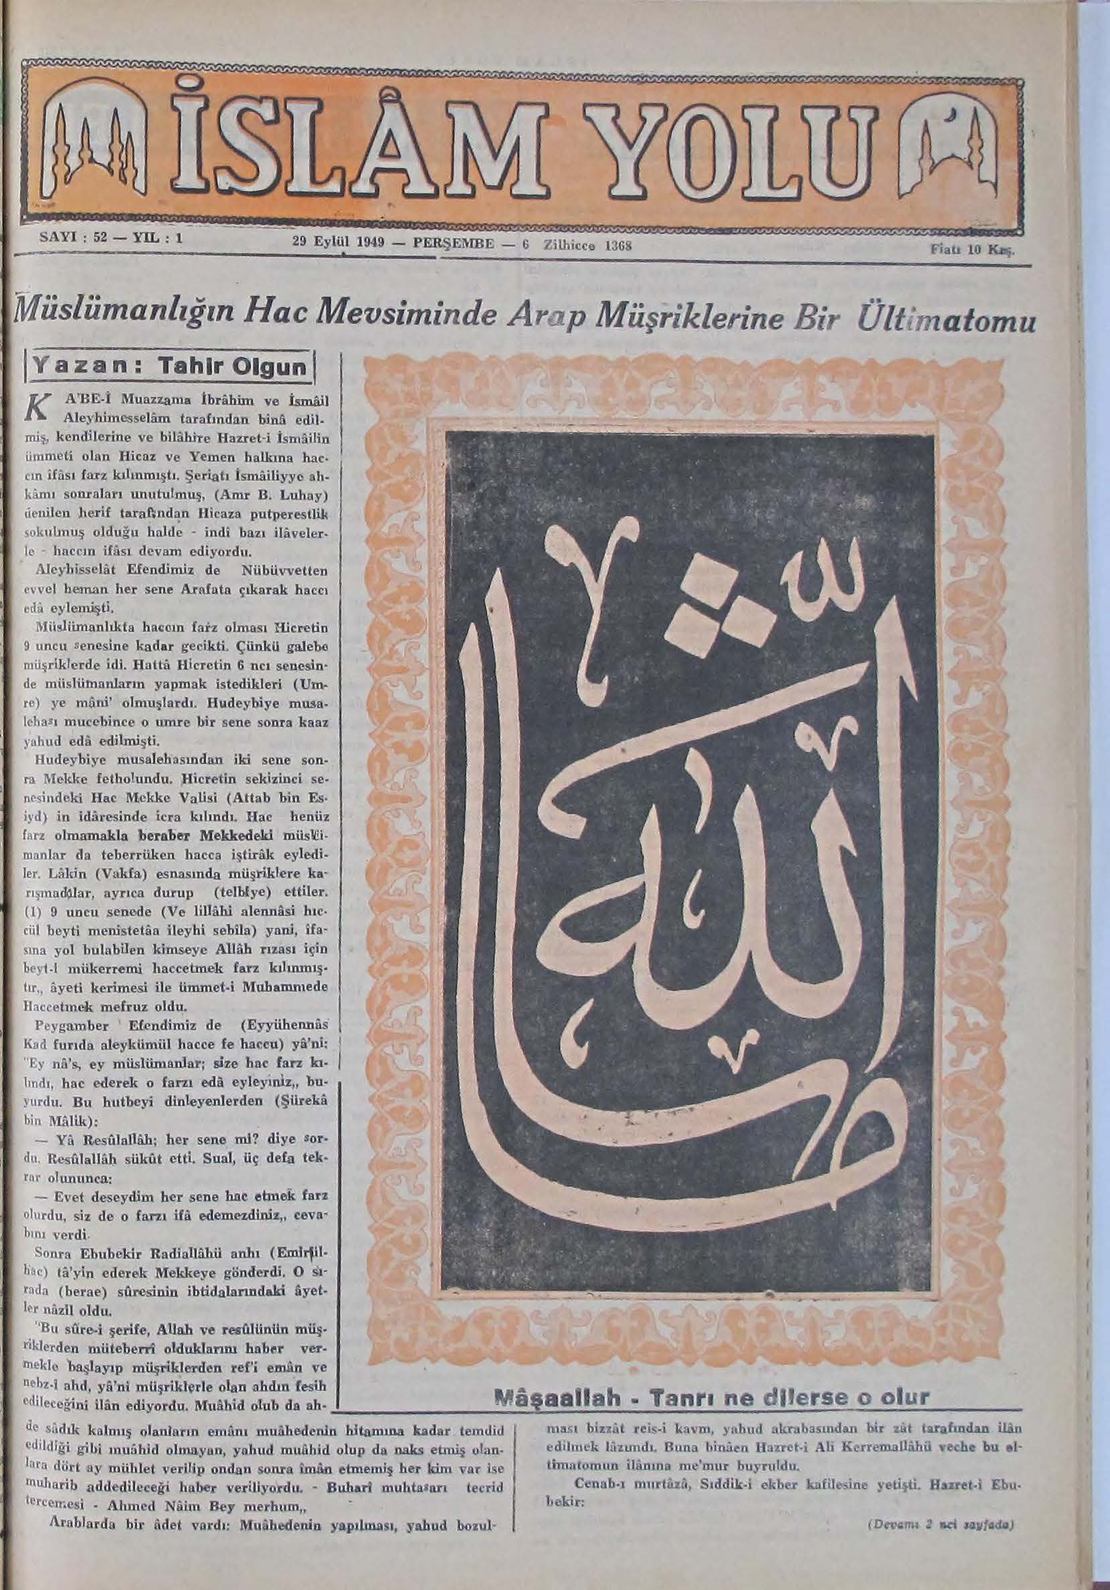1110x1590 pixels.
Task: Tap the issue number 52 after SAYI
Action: pos(91,239)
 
